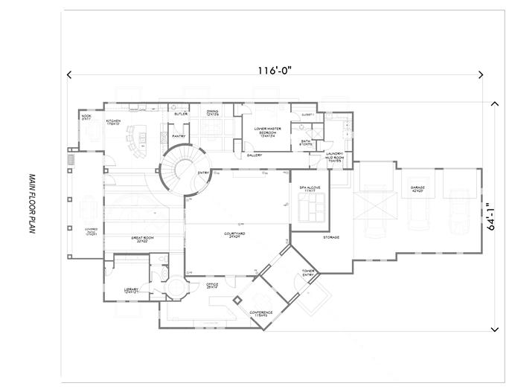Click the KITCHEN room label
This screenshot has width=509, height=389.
[113, 121]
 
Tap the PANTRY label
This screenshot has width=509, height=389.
[178, 136]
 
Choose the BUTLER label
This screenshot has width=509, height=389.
[180, 114]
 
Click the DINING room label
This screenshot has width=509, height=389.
[212, 112]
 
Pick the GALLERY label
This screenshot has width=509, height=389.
[254, 155]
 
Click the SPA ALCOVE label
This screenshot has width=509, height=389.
[309, 189]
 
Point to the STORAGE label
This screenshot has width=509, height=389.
[332, 238]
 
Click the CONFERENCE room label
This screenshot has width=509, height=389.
[260, 313]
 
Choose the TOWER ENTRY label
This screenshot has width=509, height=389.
[309, 273]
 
